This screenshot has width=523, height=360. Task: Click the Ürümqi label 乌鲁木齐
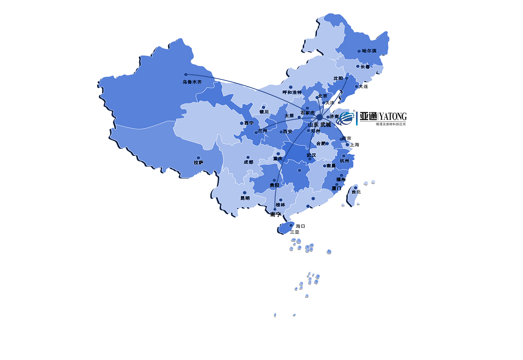pyautogui.click(x=192, y=82)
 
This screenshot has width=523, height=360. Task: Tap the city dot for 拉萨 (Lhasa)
pyautogui.click(x=198, y=158)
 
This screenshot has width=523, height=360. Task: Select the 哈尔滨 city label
pyautogui.click(x=369, y=51)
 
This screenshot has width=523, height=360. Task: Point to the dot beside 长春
pyautogui.click(x=358, y=66)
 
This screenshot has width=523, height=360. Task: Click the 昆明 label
pyautogui.click(x=245, y=198)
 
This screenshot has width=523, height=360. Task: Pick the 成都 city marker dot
pyautogui.click(x=248, y=157)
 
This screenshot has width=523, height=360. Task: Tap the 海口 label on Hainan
pyautogui.click(x=300, y=226)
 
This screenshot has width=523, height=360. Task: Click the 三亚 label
pyautogui.click(x=295, y=232)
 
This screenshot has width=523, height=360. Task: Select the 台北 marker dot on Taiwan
pyautogui.click(x=355, y=188)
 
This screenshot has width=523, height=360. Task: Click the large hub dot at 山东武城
pyautogui.click(x=320, y=117)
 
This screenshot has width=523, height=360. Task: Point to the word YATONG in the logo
pyautogui.click(x=393, y=117)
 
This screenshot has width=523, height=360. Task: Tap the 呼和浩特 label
pyautogui.click(x=292, y=92)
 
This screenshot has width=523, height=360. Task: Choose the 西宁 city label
pyautogui.click(x=249, y=123)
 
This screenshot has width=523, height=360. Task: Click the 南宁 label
pyautogui.click(x=276, y=214)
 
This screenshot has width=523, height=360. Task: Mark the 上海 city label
pyautogui.click(x=355, y=145)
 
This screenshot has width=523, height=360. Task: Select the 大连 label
pyautogui.click(x=363, y=87)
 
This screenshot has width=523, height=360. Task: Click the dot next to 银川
pyautogui.click(x=264, y=107)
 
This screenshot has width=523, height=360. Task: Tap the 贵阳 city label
pyautogui.click(x=274, y=185)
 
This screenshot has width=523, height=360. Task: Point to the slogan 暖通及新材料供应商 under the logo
pyautogui.click(x=391, y=124)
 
